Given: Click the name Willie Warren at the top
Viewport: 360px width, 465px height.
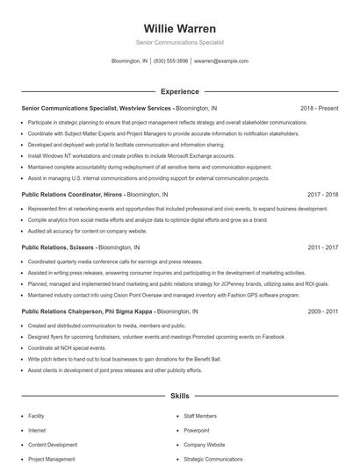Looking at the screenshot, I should click(x=179, y=28).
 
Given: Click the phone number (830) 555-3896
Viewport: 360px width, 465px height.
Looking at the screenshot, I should click(x=170, y=61).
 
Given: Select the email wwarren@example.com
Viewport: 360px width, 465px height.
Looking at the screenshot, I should click(x=221, y=61).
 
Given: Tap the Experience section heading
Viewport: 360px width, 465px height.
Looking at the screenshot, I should click(x=179, y=91).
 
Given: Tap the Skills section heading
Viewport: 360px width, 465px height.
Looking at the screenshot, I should click(x=179, y=397).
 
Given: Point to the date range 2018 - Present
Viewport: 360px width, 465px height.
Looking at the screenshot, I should click(x=319, y=108).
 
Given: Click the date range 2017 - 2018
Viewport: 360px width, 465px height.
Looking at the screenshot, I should click(x=322, y=193).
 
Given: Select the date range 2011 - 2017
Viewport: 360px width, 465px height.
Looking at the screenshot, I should click(x=322, y=247).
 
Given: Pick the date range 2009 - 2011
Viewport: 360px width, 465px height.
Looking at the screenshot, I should click(x=322, y=311).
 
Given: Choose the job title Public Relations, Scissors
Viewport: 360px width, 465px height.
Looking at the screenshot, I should click(x=59, y=247).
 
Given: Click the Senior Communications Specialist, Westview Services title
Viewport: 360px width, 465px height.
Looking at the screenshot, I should click(x=97, y=108).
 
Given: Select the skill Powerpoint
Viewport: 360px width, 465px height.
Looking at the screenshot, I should click(x=197, y=431).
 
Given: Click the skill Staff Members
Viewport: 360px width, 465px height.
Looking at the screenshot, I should click(x=200, y=417).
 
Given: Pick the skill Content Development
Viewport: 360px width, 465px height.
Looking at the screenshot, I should click(x=52, y=445).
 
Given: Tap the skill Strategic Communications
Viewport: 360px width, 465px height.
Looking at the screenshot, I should click(x=213, y=459).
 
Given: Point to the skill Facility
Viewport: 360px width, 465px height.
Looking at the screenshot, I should click(x=36, y=417).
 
